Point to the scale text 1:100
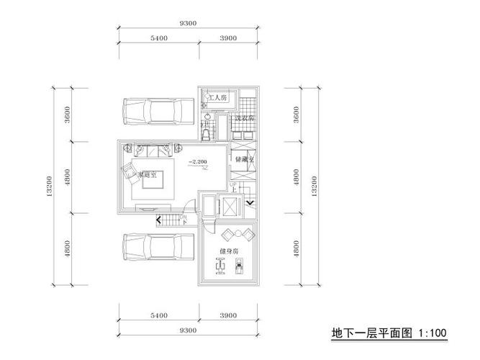(432, 333)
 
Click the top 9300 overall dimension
(189, 24)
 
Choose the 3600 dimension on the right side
(296, 115)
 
